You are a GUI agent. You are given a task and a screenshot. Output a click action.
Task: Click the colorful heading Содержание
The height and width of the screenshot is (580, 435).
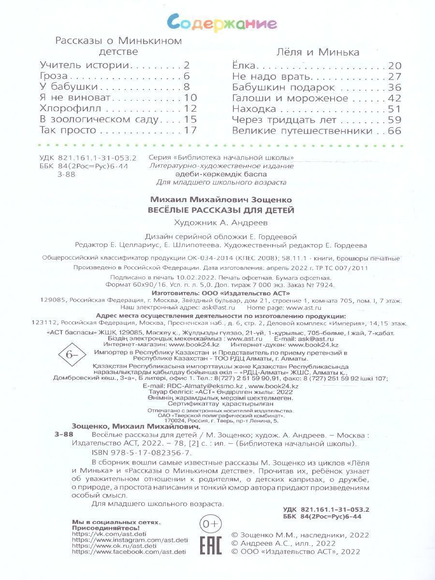tap(222, 23)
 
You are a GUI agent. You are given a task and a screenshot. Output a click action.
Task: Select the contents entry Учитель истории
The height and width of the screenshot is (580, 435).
tap(85, 65)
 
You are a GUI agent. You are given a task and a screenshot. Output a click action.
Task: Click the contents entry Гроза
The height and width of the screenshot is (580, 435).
tap(54, 76)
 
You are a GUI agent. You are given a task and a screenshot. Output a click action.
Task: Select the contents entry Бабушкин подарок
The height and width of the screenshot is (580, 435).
tap(283, 87)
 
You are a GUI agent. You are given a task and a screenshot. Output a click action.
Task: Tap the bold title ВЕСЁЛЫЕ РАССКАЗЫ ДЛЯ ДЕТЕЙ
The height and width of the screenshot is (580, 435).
tap(220, 210)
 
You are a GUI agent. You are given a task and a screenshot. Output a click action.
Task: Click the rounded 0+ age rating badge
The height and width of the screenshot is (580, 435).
tap(210, 523)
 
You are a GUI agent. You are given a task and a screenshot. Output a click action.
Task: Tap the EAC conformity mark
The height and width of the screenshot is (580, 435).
tap(210, 545)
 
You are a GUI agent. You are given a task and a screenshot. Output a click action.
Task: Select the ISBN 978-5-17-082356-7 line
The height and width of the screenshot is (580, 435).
tap(141, 453)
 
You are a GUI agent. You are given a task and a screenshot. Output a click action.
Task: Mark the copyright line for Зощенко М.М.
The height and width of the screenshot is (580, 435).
tap(300, 535)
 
